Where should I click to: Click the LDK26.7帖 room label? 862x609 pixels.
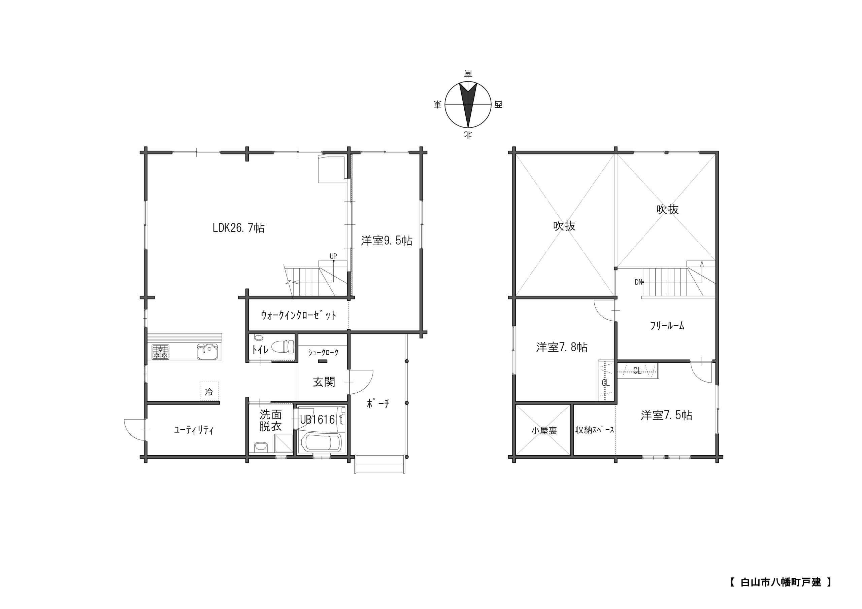pos(238,228)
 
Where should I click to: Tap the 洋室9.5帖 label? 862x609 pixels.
pos(387,241)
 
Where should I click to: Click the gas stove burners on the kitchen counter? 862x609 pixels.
pos(161,352)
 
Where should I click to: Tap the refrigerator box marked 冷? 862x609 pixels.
pos(209,391)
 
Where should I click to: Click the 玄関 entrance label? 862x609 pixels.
pos(324,382)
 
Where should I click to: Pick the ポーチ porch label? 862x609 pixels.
pos(378,403)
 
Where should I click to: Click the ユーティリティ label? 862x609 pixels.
pos(194,430)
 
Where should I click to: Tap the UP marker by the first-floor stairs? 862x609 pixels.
pos(333,256)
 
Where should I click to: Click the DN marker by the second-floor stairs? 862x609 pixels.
pos(638,282)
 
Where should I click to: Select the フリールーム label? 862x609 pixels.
pos(667,326)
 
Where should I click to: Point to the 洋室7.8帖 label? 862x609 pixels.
pos(562,347)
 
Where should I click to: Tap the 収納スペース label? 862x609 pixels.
pos(595,430)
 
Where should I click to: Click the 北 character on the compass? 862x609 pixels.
pos(468,135)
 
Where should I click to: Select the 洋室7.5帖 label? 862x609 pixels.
pos(666,416)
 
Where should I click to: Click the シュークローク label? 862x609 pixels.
pos(323,352)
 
